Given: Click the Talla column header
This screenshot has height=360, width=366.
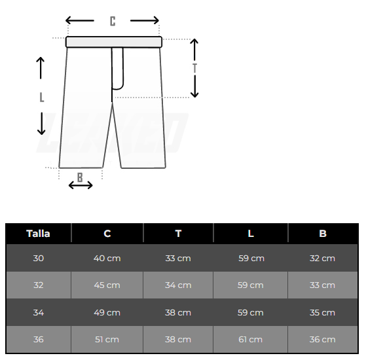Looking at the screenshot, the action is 38,233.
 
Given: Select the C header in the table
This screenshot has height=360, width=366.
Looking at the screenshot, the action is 107,233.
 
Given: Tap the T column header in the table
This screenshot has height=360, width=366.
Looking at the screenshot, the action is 178,233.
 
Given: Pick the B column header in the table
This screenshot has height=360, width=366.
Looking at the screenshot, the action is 323,233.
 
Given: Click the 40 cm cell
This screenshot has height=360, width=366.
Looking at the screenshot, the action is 107,258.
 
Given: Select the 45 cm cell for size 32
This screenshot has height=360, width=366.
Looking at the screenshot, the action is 107,285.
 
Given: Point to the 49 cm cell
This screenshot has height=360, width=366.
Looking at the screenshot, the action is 107,312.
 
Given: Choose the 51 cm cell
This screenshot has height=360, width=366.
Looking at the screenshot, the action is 107,339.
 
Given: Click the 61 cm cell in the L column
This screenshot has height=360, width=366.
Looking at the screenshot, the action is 251,339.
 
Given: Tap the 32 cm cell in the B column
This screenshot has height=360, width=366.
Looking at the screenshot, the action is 322,258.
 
